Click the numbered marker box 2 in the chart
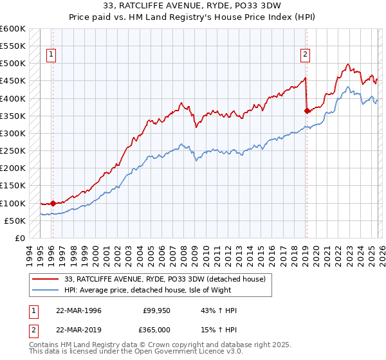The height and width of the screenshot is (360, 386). click(x=305, y=55)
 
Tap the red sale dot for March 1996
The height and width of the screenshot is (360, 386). click(x=53, y=203)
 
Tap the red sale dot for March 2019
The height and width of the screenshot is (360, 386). click(x=307, y=111)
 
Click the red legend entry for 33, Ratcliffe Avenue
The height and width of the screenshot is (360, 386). click(x=164, y=279)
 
